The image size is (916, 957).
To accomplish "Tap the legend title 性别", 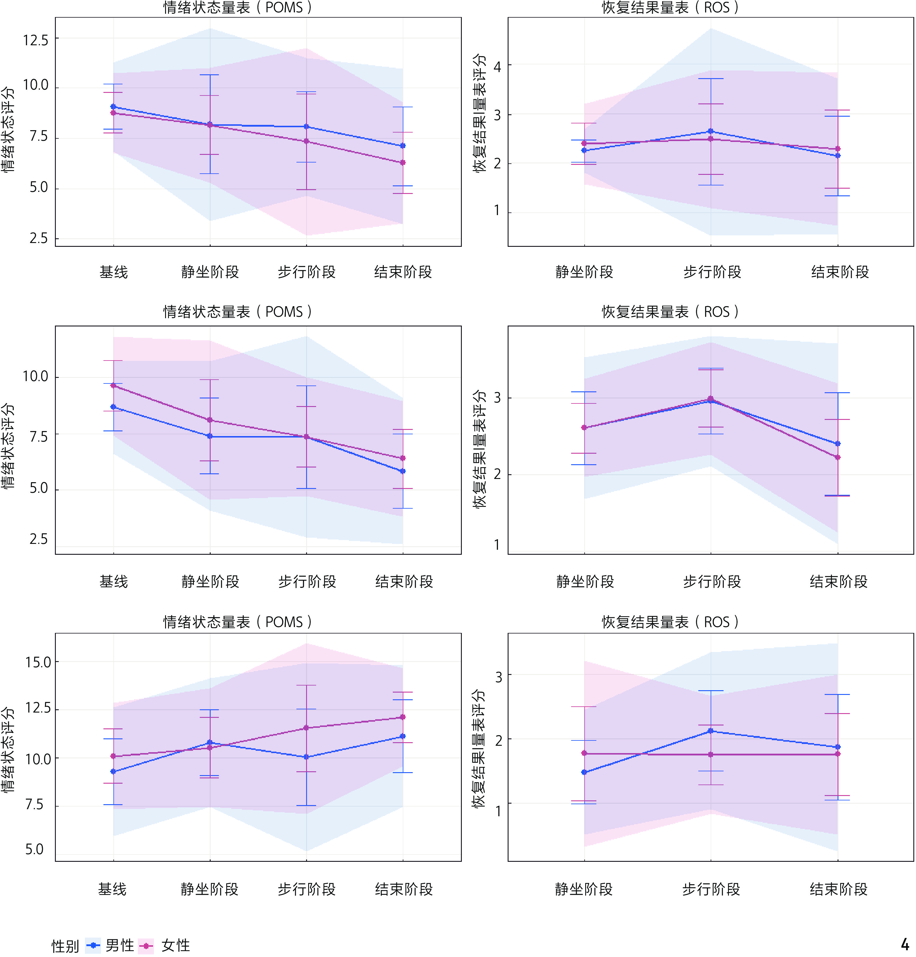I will coord(65,946).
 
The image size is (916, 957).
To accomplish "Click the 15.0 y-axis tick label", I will coord(38,663).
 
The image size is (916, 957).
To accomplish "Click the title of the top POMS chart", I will coord(237,8).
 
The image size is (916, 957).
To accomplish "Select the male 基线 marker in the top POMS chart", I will coord(113,106).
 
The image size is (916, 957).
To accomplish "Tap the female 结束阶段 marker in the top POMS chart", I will coord(403,162).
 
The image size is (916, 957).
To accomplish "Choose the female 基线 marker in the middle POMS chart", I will coord(113,385).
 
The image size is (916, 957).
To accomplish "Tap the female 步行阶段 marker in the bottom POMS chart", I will coord(307,728).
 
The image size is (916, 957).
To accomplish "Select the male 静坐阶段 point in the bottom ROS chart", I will coord(584,772).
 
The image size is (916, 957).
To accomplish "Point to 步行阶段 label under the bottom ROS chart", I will coord(711,889).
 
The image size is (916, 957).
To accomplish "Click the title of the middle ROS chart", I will coord(670,311).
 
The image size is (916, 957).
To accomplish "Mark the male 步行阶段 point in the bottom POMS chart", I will coord(307,757).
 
